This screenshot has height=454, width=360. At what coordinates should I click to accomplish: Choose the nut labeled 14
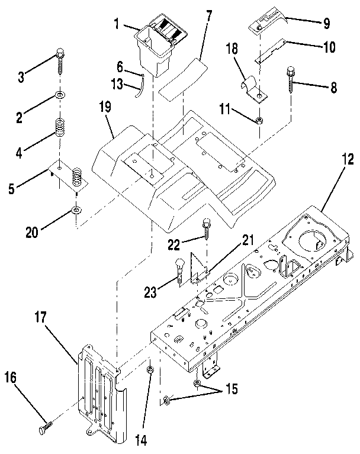click(150, 371)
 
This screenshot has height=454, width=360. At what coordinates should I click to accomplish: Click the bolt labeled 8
click(292, 80)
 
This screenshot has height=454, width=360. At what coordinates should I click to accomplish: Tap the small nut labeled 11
click(259, 121)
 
